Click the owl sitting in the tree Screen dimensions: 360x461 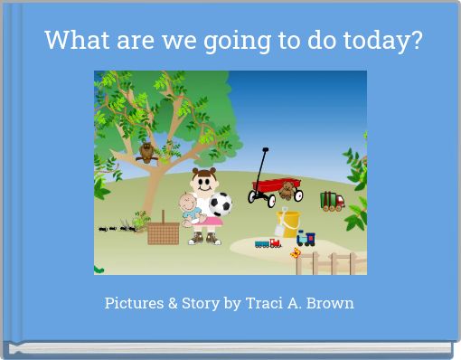pos(146,153)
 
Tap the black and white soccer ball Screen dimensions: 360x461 pos(221,204)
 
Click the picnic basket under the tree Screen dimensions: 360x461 pos(164,232)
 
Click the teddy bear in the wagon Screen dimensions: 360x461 pos(287,189)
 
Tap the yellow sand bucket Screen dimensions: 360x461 pos(289,223)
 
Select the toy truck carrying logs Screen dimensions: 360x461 pos(332,201)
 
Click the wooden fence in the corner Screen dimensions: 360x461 pos(331,261)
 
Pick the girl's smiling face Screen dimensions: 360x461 pos(202,182)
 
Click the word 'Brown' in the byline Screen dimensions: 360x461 pos(332,303)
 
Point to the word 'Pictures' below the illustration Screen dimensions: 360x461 pos(135,303)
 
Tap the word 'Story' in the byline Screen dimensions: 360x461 pos(203,304)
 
